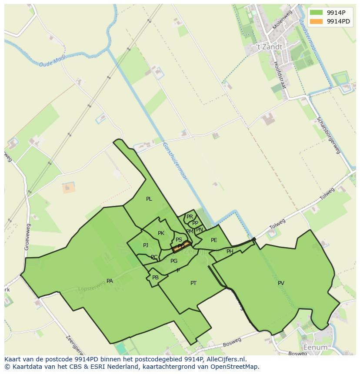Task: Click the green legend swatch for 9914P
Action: [x=317, y=13]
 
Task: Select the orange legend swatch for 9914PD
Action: [x=317, y=21]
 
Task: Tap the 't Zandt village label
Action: [x=269, y=47]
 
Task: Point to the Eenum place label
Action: [x=315, y=348]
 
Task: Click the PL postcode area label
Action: [x=149, y=199]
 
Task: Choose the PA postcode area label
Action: [x=110, y=281]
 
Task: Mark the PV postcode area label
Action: [x=281, y=283]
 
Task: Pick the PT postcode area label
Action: [x=193, y=283]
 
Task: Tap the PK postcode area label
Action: [x=161, y=233]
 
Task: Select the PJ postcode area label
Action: [x=146, y=245]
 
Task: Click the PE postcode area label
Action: [x=214, y=240]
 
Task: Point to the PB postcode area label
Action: [x=155, y=278]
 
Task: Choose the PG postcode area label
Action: [x=174, y=261]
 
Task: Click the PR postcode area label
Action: [x=190, y=217]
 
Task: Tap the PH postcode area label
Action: [x=230, y=252]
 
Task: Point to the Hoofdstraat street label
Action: [x=280, y=74]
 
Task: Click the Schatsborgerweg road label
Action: [x=328, y=135]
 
